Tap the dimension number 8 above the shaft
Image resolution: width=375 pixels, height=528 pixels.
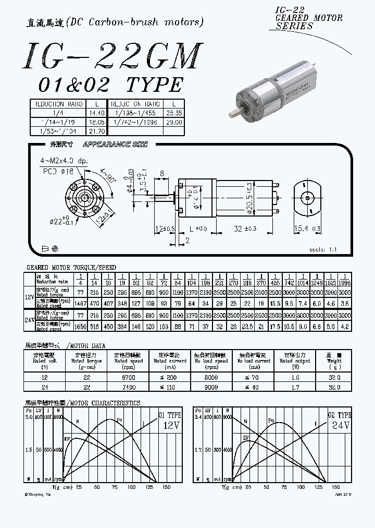click(162, 173)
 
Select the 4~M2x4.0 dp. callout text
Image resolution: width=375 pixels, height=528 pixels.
click(64, 161)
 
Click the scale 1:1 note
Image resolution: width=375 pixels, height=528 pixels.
click(323, 250)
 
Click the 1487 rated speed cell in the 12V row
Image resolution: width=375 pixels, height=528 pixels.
click(80, 303)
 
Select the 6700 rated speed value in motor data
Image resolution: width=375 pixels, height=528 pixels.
click(129, 377)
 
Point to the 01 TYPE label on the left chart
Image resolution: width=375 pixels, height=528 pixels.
click(169, 415)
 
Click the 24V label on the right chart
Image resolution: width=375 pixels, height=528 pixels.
click(341, 425)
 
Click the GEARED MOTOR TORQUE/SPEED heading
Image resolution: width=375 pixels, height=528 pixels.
click(71, 268)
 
